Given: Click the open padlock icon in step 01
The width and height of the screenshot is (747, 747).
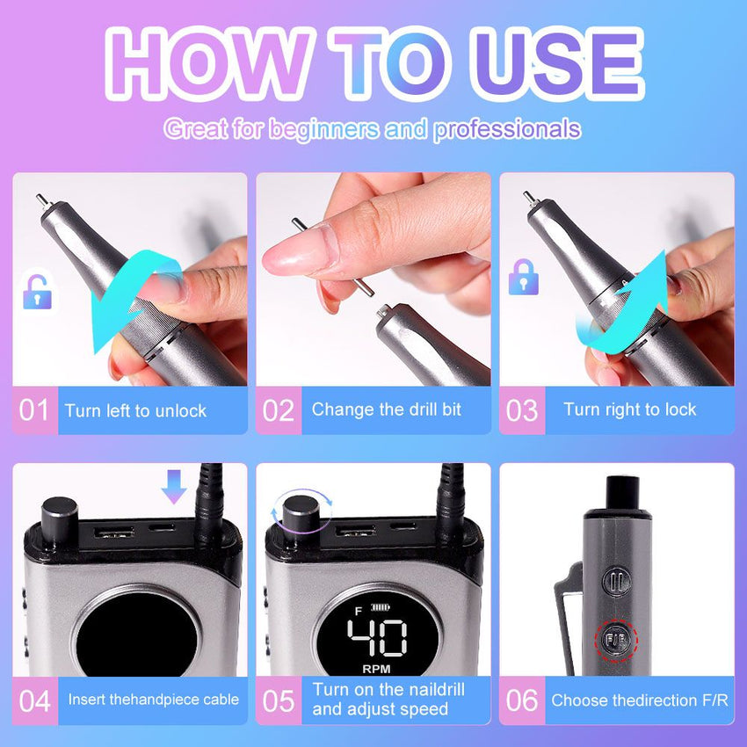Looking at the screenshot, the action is pyautogui.click(x=37, y=292).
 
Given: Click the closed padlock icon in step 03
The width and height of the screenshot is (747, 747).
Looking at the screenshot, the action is pyautogui.click(x=523, y=277).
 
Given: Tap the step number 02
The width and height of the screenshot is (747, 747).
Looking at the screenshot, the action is pyautogui.click(x=279, y=410).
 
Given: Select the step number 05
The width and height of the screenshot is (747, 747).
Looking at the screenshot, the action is pyautogui.click(x=279, y=701).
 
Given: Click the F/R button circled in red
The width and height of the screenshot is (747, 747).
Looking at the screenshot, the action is pyautogui.click(x=616, y=640).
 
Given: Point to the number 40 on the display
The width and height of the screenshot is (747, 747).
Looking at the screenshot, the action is pyautogui.click(x=377, y=637).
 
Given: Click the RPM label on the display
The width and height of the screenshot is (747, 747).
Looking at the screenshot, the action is pyautogui.click(x=376, y=669).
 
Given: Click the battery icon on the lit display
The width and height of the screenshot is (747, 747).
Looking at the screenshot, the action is pyautogui.click(x=381, y=607).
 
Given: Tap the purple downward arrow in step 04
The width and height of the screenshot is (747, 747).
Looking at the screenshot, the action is pyautogui.click(x=173, y=486).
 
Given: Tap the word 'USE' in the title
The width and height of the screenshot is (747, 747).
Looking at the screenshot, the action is pyautogui.click(x=556, y=64).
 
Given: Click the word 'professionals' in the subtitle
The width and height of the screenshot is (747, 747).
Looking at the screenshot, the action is pyautogui.click(x=507, y=129).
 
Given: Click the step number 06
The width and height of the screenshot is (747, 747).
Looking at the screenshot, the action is pyautogui.click(x=522, y=701).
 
